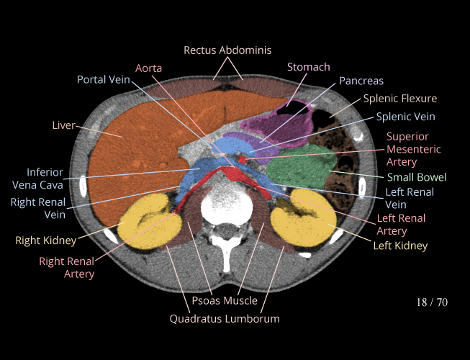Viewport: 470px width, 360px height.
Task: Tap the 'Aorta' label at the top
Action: click(x=148, y=68)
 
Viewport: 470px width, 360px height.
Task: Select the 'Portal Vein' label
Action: click(x=104, y=79)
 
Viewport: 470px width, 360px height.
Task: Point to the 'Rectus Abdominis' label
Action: click(x=227, y=50)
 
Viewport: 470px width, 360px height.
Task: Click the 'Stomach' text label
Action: click(x=308, y=67)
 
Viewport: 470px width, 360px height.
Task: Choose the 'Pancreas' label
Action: click(x=361, y=81)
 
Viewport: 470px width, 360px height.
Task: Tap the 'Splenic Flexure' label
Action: click(x=399, y=99)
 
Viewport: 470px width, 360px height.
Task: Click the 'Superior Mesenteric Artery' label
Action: click(x=407, y=150)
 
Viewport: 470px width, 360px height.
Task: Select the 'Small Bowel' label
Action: click(x=417, y=177)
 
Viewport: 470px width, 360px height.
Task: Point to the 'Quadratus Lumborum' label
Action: click(x=225, y=318)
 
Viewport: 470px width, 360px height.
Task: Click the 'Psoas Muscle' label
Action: click(x=225, y=300)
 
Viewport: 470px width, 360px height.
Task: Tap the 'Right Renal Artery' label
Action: click(x=67, y=267)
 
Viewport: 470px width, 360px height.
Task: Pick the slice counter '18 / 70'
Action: click(x=432, y=302)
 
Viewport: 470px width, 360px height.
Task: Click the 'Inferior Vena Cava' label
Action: click(x=45, y=179)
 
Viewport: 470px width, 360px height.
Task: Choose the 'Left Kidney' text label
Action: click(x=400, y=246)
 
